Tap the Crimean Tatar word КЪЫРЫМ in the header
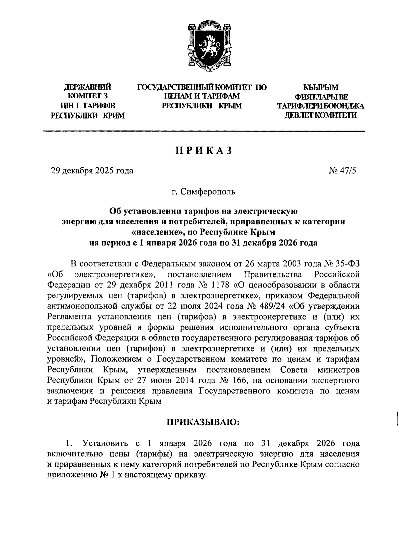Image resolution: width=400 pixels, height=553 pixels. [x=321, y=88]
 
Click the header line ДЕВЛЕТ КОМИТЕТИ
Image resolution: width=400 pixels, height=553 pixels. [x=321, y=116]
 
